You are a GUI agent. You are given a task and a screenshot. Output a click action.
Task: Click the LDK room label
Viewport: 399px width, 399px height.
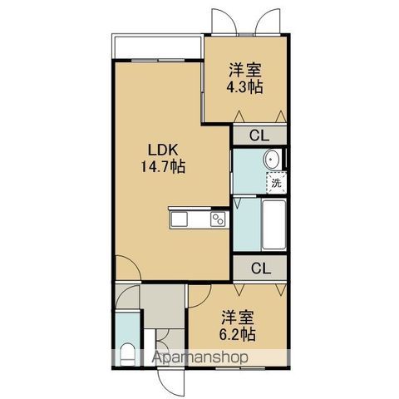point(163,150)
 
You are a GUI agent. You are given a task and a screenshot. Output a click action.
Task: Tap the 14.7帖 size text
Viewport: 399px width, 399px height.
point(163,167)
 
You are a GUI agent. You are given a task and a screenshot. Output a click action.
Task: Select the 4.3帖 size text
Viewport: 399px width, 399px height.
point(244,87)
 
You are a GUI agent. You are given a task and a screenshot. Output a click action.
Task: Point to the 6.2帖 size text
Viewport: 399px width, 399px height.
point(238,334)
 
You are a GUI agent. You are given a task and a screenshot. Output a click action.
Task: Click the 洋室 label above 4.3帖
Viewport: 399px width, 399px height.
point(245,71)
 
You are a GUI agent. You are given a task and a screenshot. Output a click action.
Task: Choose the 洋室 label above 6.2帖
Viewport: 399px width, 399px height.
point(238,318)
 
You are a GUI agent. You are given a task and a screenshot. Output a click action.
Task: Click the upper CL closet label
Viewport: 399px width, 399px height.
point(259,135)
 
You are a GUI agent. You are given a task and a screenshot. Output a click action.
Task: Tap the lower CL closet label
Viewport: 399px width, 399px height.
point(261,268)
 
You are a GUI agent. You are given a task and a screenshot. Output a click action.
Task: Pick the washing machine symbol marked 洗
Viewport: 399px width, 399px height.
point(276,183)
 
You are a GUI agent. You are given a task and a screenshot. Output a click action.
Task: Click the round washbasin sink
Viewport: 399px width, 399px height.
point(272,160)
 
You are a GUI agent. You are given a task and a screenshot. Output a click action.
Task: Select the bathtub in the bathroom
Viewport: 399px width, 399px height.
point(274,224)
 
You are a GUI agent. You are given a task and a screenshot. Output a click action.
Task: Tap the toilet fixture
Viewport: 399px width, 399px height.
point(128,355)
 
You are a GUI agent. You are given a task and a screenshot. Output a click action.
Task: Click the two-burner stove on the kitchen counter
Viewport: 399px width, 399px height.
point(218,219)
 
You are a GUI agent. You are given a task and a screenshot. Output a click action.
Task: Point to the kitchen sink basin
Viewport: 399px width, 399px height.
point(180,219)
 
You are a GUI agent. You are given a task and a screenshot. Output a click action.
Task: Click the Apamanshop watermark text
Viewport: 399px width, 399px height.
point(200,357)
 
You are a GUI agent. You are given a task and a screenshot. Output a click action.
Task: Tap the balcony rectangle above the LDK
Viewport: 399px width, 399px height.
point(157,47)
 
